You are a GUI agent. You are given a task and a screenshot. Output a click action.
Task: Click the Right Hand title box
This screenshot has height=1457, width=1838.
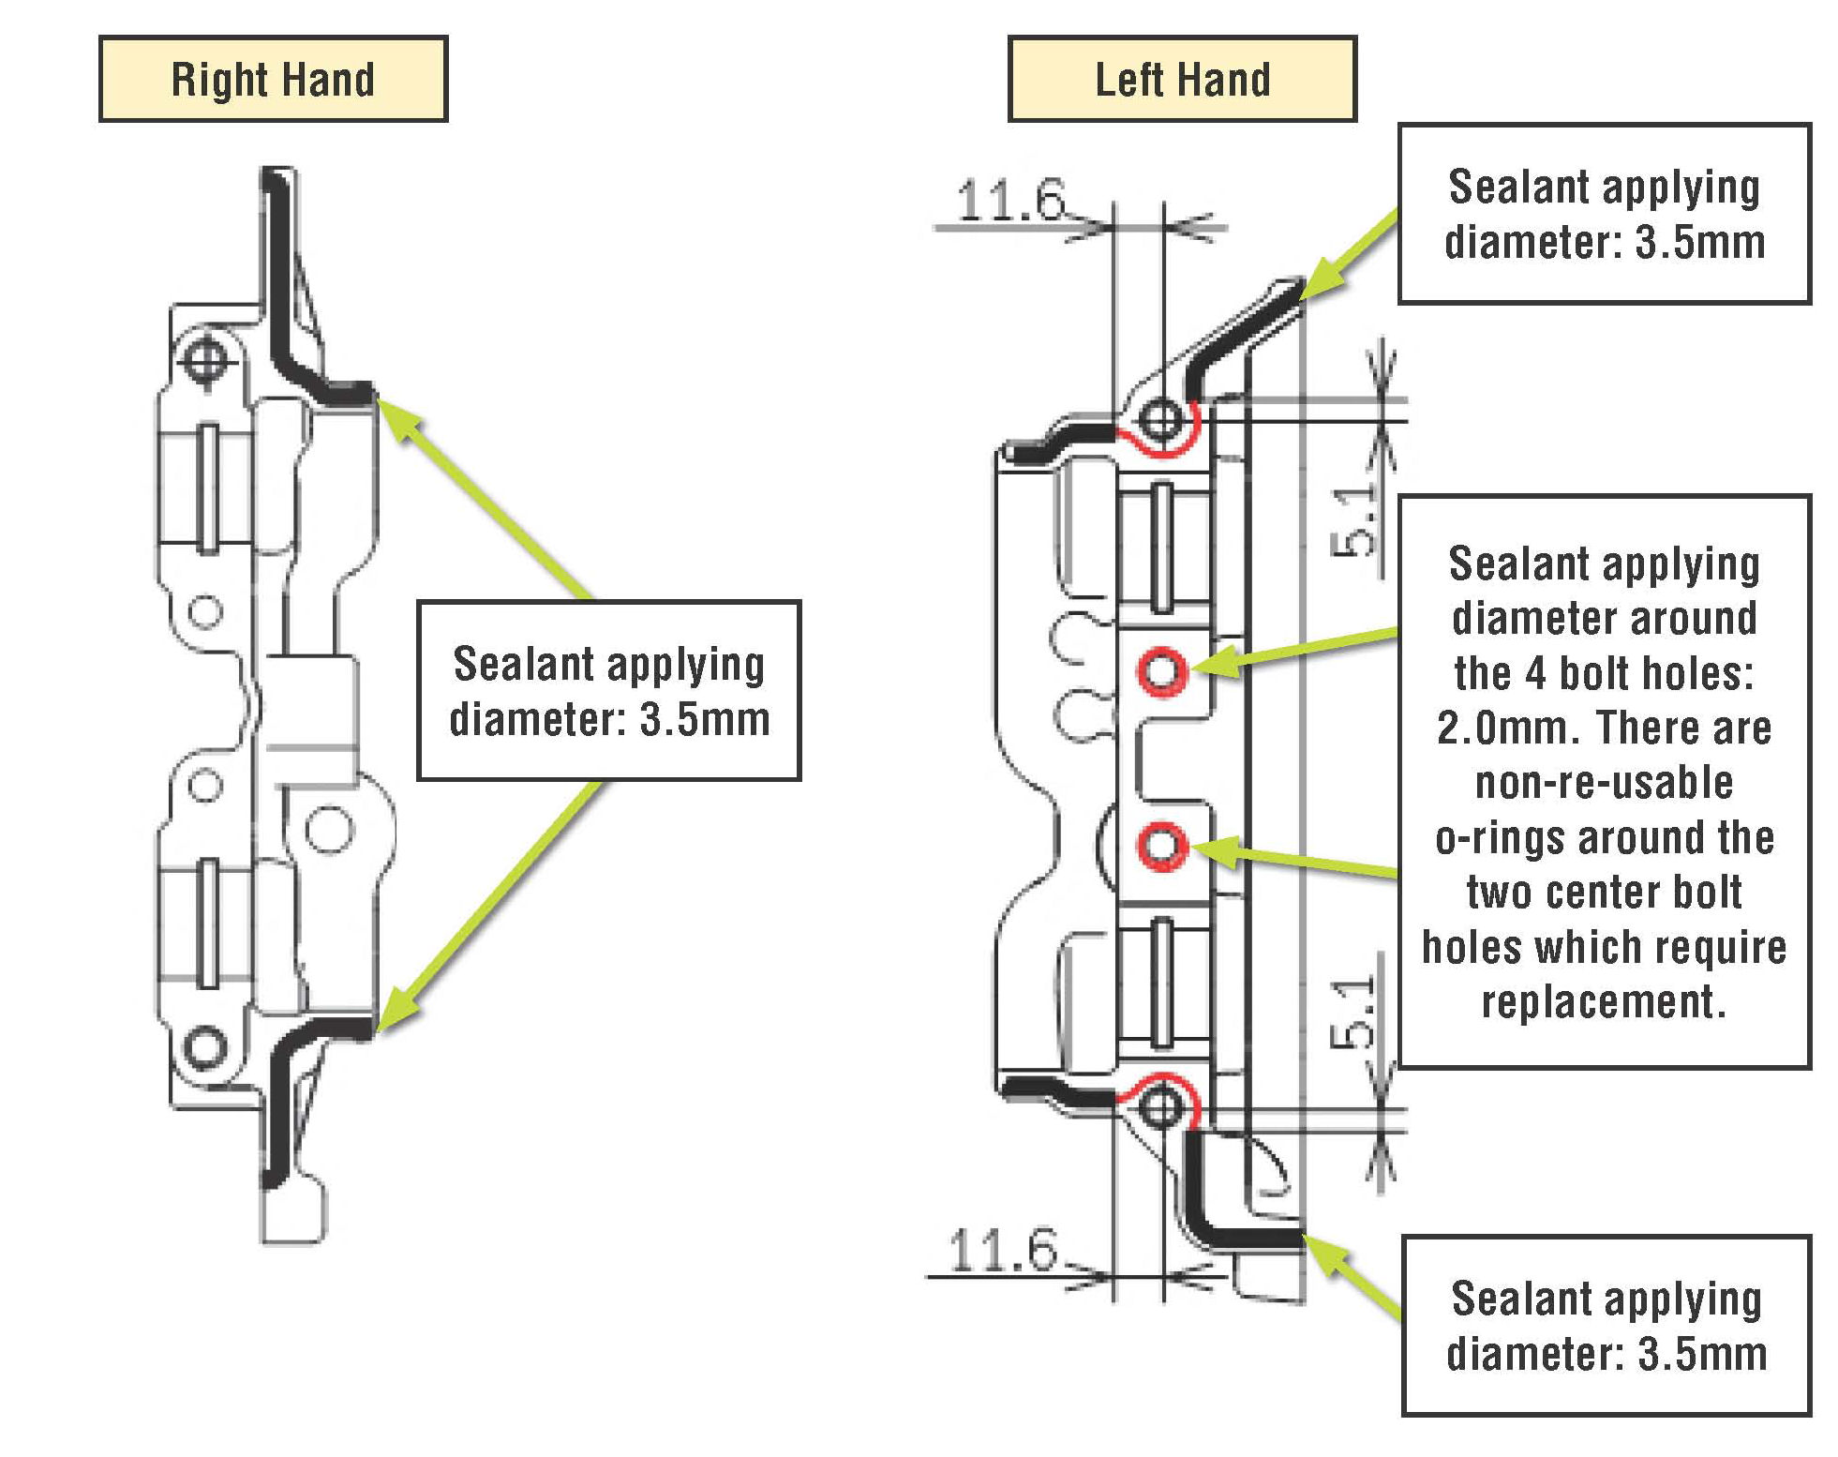click(x=273, y=79)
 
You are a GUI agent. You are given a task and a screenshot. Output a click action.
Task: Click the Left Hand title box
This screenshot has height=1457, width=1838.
click(x=1182, y=79)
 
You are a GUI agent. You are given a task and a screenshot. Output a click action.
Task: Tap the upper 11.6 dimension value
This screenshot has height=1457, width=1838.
click(x=1010, y=201)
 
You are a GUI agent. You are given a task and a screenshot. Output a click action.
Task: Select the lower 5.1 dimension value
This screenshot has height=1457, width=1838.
click(x=1353, y=1013)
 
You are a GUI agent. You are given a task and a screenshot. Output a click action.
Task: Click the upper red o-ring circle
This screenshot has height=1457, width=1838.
click(x=1162, y=670)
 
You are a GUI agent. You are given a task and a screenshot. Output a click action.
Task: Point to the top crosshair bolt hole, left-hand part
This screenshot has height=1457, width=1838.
click(x=1162, y=417)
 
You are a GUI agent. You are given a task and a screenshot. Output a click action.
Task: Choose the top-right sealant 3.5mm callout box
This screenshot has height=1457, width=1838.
click(x=1604, y=214)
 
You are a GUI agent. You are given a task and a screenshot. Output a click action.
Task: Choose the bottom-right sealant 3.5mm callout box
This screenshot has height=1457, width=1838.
click(x=1606, y=1325)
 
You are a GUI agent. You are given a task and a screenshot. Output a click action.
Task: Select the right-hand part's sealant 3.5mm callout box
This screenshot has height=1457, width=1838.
click(x=608, y=690)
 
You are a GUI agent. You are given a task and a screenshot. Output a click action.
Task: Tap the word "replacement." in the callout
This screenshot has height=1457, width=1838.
click(x=1604, y=1002)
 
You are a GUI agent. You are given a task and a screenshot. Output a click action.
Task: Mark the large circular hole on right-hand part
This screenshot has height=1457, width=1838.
click(x=329, y=830)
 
